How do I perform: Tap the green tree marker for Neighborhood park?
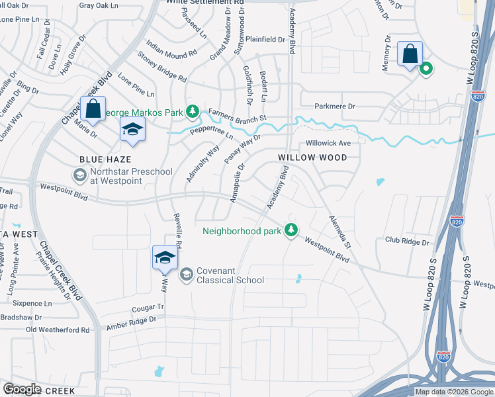pos(291,230)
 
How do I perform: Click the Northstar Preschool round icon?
pos(79,174)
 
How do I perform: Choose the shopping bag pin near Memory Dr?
pos(410,53)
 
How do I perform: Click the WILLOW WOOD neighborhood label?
pos(312,157)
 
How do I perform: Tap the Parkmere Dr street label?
pos(335,106)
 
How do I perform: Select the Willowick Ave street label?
pos(328,143)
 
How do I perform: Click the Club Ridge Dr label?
pos(407,242)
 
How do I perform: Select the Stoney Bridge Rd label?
pos(161,67)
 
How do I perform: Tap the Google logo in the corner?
pos(22,389)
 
